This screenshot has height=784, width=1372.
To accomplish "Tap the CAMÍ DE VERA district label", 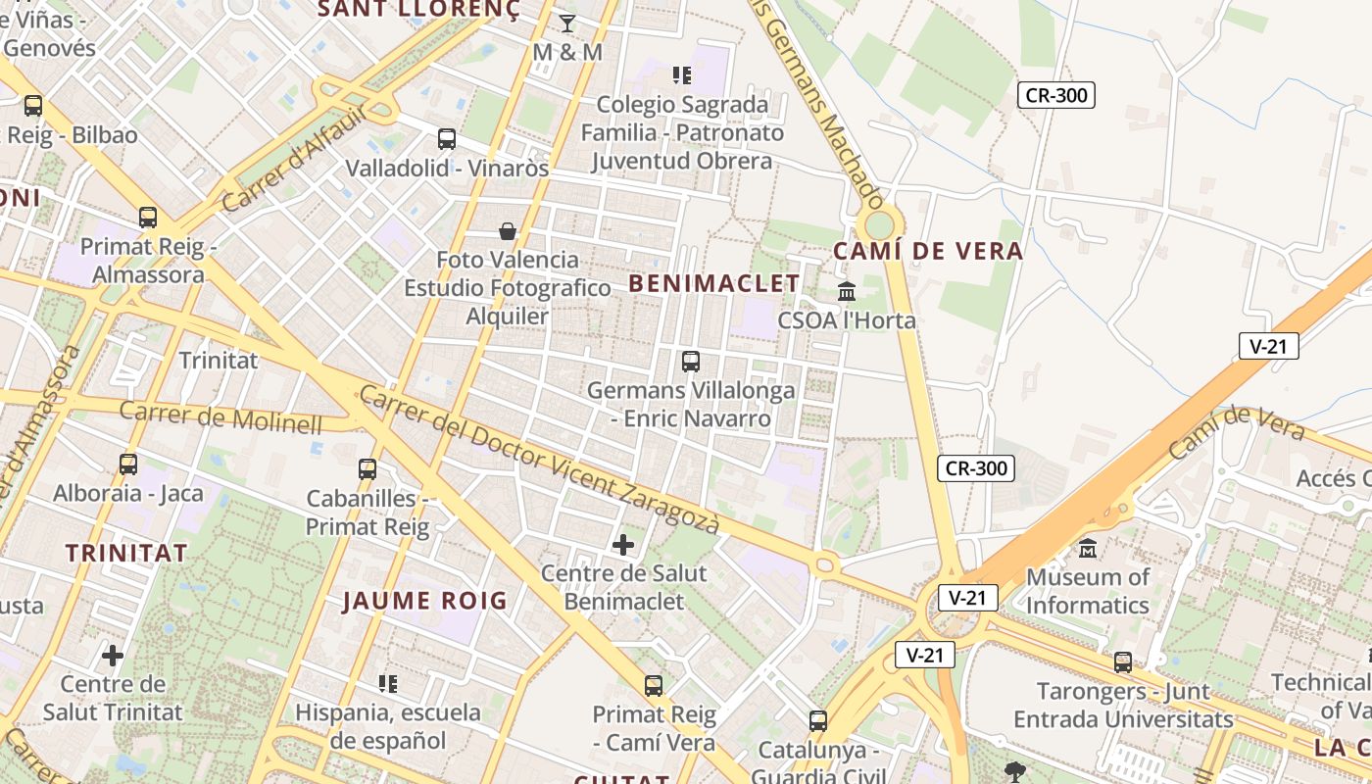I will (927, 251).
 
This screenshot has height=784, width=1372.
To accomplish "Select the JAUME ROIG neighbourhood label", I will (424, 601).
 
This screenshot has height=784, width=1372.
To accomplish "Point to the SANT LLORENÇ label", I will (419, 10).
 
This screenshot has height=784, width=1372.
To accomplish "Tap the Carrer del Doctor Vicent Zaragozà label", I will (539, 459).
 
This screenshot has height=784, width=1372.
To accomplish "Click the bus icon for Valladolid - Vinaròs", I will (447, 139).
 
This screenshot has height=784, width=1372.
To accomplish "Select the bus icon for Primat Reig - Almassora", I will (148, 218).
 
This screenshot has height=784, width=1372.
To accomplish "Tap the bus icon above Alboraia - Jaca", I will (128, 465).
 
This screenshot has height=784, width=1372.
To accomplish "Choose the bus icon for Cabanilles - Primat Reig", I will (367, 469).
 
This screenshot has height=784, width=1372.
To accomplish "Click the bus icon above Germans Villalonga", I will (691, 362).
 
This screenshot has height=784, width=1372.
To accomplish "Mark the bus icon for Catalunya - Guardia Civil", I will (818, 721).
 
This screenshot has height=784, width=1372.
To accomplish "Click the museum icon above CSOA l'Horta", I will (847, 291).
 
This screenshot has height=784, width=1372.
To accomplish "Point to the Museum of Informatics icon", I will (1088, 548).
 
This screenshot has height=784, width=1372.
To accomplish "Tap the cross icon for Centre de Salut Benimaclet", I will (623, 544).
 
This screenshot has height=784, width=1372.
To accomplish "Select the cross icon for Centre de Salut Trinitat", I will (113, 655).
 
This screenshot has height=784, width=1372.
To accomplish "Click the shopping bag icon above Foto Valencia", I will (508, 231).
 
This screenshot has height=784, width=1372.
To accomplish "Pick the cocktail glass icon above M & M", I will (567, 23).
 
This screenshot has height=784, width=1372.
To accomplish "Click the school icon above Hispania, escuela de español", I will (388, 683).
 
